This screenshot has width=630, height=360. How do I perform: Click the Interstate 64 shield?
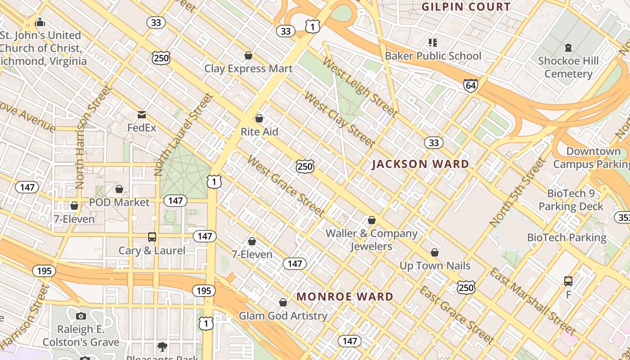470,85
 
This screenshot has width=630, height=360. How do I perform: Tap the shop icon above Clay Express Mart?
248,55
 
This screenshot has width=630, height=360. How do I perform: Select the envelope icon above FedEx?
142,115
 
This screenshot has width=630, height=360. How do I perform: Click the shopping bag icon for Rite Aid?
259,118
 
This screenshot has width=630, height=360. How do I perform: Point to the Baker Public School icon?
433,43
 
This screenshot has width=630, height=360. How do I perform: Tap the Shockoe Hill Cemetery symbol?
568,47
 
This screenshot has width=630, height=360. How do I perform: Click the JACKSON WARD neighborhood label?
420,164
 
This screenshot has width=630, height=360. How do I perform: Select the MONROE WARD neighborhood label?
345,297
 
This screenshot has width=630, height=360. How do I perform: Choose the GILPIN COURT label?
466,7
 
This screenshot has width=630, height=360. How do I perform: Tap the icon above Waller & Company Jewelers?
372,220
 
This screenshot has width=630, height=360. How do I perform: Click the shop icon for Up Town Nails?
435,252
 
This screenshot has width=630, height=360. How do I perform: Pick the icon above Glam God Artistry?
283,302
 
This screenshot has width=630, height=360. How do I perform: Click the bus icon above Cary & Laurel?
152,237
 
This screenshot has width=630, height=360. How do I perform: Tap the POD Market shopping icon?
119,189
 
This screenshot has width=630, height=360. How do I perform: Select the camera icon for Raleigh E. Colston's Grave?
81,316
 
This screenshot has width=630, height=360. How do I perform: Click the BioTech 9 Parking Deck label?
571,200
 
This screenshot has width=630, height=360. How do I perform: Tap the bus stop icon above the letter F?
568,281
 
